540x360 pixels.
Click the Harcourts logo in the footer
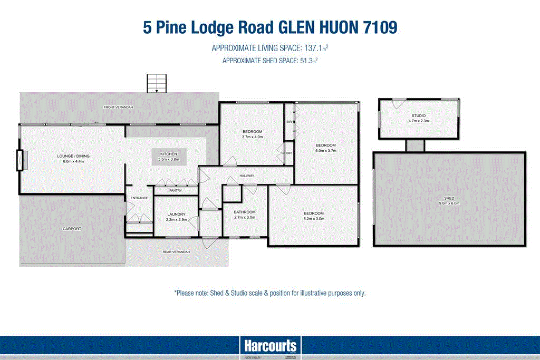tap(270, 346)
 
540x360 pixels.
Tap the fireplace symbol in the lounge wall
tap(22, 160)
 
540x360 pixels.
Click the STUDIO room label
tap(419, 115)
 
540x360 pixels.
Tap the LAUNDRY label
tap(176, 213)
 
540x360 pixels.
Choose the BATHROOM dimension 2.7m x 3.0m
tap(245, 217)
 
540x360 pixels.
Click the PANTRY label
tap(176, 191)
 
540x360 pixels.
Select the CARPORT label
tap(72, 229)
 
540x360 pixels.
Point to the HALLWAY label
tap(246, 176)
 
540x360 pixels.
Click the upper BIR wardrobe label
tap(289, 122)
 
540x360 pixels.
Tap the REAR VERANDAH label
tap(176, 252)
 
